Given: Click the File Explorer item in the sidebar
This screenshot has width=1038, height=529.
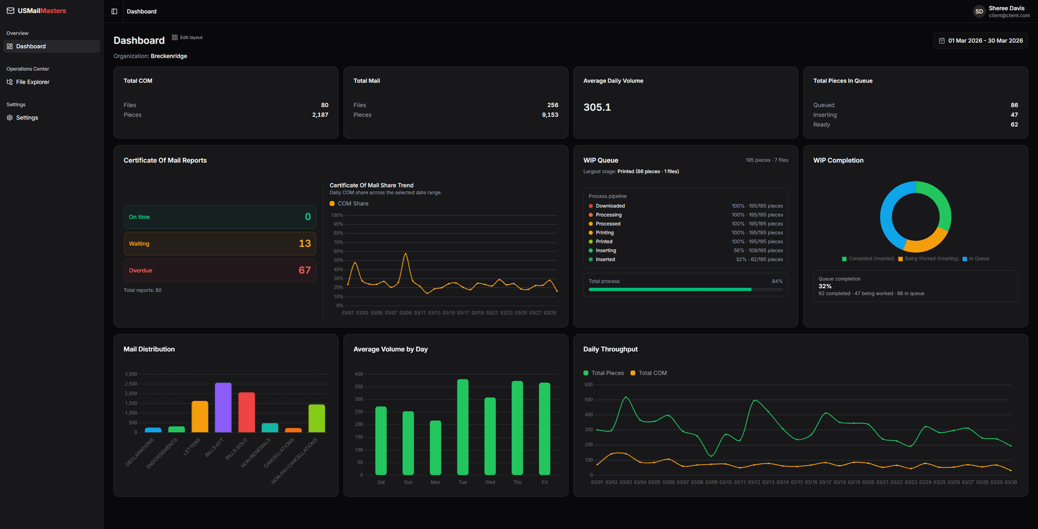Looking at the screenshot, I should tap(32, 82).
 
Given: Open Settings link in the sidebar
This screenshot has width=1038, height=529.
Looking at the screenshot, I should tap(26, 118).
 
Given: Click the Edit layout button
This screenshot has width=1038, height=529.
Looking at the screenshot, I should tap(188, 38).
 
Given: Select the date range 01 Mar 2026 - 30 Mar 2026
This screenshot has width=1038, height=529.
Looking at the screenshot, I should tap(980, 41).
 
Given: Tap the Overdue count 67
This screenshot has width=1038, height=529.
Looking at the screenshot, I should tap(304, 270).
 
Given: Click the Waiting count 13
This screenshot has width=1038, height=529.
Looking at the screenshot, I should tap(304, 244).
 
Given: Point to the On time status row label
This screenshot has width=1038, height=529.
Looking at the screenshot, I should tap(139, 217).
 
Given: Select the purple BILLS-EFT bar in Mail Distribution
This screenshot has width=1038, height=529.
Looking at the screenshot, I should tap(223, 408).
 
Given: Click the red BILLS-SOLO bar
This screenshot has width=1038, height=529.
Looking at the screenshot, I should tap(247, 413).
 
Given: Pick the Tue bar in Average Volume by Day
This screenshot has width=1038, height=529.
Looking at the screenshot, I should tap(463, 427).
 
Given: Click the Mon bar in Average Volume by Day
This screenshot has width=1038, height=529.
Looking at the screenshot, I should tap(435, 447).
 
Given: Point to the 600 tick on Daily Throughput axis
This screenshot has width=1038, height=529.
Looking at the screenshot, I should tap(588, 385).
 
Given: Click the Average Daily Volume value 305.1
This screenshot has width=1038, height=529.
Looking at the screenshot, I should tap(597, 108).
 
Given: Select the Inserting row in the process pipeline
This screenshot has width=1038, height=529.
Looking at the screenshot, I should tap(606, 251).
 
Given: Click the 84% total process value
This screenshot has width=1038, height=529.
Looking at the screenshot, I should tap(777, 282).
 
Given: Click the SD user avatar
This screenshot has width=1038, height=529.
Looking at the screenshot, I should tap(979, 11).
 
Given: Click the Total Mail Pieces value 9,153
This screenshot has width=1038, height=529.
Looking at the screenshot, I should tap(550, 115).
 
